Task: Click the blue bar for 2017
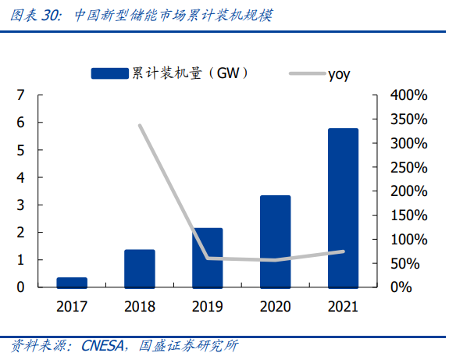click(x=72, y=283)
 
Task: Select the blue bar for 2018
click(x=140, y=269)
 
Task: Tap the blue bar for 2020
click(x=276, y=241)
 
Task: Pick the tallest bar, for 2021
click(x=344, y=208)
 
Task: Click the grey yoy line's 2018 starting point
click(x=140, y=126)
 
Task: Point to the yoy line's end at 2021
click(x=344, y=251)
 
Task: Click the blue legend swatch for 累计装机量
click(x=109, y=73)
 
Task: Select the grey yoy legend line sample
click(x=308, y=73)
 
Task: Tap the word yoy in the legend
click(x=339, y=74)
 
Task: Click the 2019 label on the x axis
click(x=207, y=306)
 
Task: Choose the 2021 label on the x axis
click(x=343, y=306)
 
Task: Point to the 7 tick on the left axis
click(x=20, y=94)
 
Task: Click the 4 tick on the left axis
click(x=20, y=177)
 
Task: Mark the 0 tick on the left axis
click(x=20, y=287)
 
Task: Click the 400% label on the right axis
click(x=409, y=94)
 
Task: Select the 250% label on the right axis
click(x=409, y=167)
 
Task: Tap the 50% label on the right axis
click(x=405, y=263)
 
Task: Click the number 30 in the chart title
click(x=50, y=15)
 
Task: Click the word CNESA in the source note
click(x=103, y=346)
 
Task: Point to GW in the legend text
click(x=228, y=73)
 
